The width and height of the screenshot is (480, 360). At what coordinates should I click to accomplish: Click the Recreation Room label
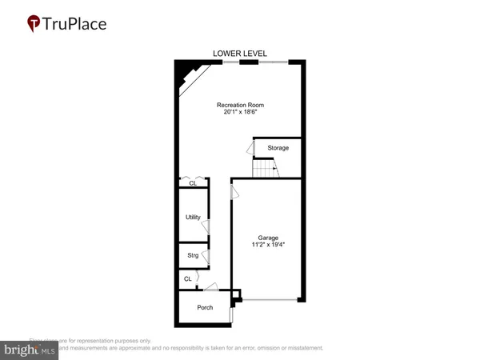coord(240,105)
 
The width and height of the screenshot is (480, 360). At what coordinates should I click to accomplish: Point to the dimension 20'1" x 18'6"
coord(240,113)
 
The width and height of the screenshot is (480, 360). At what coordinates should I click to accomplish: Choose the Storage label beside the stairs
coord(278,148)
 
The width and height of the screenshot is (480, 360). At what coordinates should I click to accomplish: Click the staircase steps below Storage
coord(265,169)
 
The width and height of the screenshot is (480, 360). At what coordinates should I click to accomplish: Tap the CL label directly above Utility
coord(193,184)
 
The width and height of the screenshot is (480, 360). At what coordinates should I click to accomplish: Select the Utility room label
coord(193,217)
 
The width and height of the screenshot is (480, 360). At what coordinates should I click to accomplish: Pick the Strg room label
coord(193,255)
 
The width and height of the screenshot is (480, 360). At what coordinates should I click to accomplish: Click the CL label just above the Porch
coord(188,279)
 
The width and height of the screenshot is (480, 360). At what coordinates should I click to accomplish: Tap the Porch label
coord(205,307)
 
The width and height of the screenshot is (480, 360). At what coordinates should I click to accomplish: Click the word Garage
coord(267,238)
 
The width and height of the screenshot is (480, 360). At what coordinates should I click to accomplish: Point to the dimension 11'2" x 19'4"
coord(267,246)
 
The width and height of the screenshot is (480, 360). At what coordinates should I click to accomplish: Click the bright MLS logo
coord(29,349)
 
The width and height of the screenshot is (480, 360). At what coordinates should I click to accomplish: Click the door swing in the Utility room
coord(206,226)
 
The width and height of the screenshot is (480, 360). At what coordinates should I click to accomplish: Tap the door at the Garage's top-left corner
coord(235,191)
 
